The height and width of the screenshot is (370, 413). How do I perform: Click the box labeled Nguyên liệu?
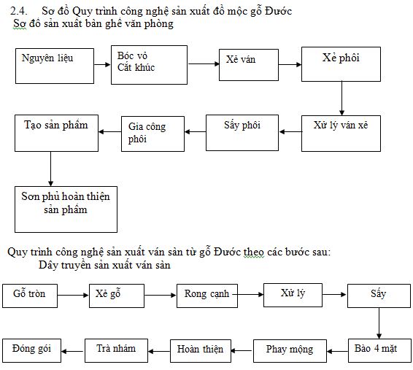click(x=55, y=66)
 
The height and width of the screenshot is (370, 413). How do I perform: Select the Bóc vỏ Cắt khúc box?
click(x=149, y=65)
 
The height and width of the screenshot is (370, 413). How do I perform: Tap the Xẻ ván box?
click(x=249, y=65)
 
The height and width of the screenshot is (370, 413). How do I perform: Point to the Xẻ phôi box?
click(x=341, y=64)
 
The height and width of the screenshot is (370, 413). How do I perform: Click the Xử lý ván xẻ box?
click(x=341, y=134)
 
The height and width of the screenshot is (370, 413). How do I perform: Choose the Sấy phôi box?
click(x=242, y=133)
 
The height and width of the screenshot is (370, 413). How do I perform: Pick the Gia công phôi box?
click(x=153, y=134)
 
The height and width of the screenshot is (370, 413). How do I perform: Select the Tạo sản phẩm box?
click(x=56, y=133)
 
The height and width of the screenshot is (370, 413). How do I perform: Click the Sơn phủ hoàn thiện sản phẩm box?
click(x=66, y=209)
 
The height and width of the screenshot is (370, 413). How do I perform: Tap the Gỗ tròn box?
click(x=30, y=296)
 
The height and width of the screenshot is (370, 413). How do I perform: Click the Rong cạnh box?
click(x=207, y=296)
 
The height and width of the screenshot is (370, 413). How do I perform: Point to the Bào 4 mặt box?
click(x=379, y=351)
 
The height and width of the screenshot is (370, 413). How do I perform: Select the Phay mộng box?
click(x=290, y=351)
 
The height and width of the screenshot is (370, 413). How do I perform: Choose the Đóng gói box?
click(x=31, y=350)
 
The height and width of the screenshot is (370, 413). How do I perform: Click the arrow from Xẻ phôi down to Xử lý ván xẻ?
click(x=341, y=99)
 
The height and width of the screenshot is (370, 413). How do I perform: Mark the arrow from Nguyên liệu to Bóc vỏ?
click(x=102, y=64)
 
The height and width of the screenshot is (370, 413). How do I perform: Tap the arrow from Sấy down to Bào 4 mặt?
click(x=379, y=323)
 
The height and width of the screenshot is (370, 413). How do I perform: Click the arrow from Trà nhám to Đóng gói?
click(x=73, y=351)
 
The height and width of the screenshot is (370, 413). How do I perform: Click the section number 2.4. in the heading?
click(x=19, y=11)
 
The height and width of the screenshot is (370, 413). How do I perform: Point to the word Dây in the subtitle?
click(x=48, y=265)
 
